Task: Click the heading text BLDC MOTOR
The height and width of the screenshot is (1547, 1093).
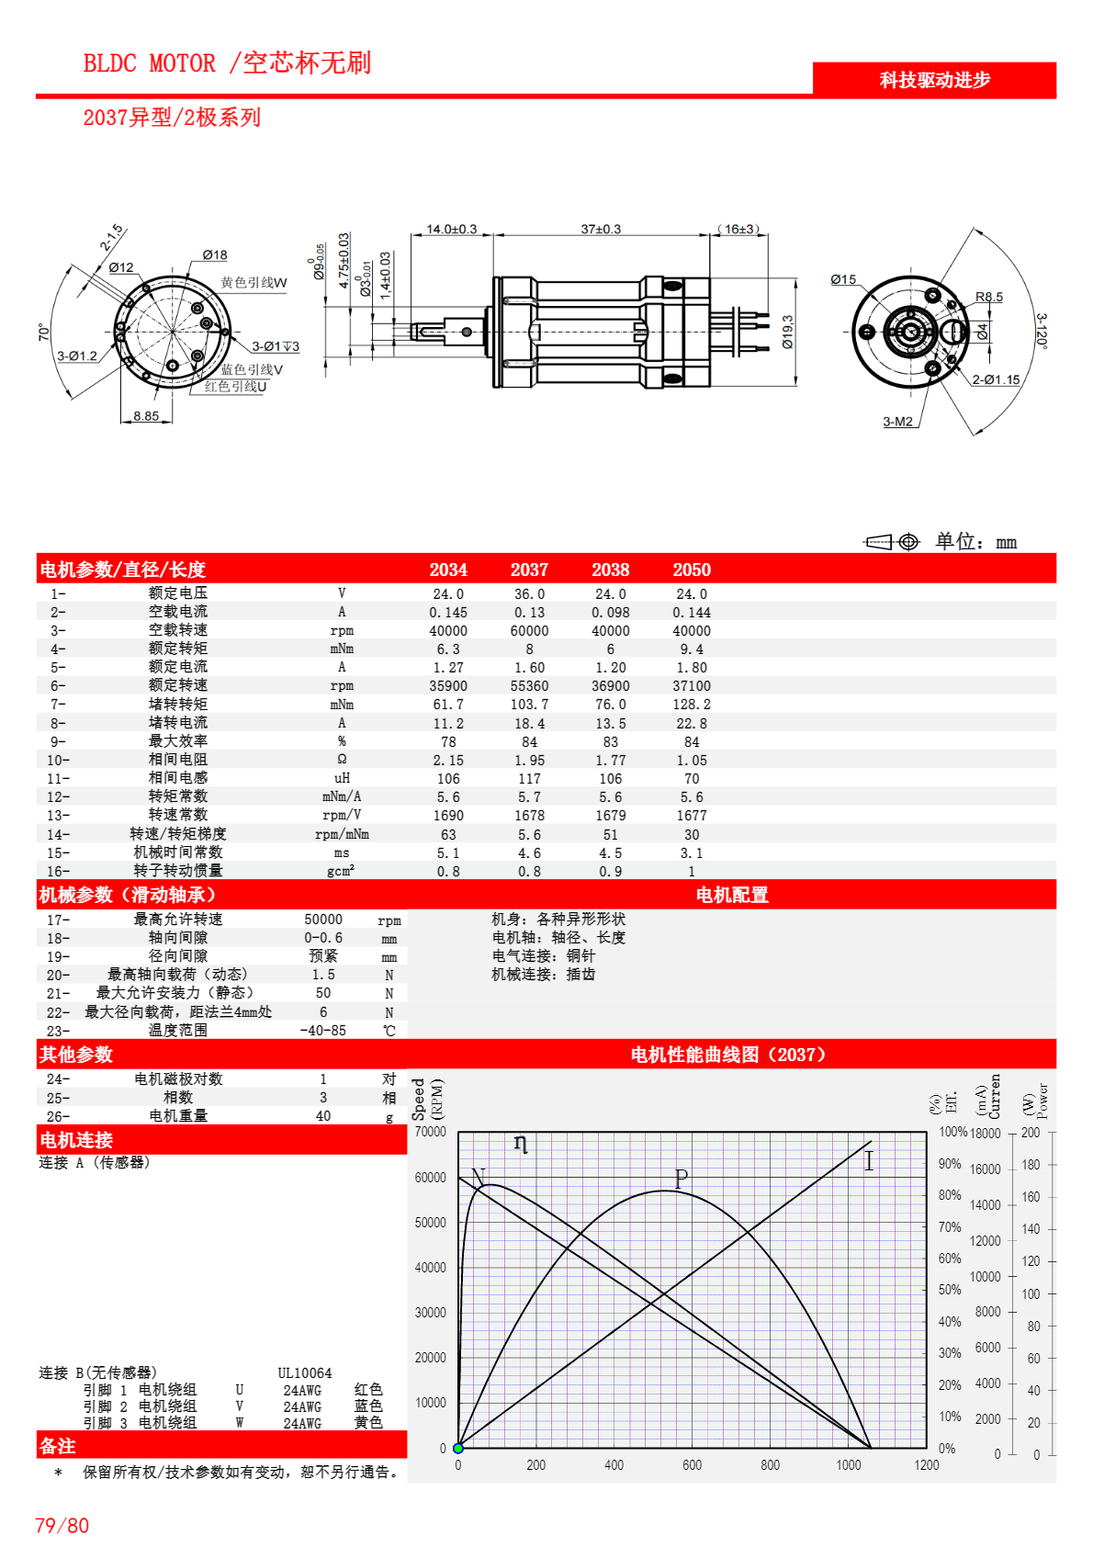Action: coord(149,63)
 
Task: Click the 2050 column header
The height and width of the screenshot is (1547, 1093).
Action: coord(691,570)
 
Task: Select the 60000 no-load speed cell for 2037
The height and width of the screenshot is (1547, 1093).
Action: coord(529,631)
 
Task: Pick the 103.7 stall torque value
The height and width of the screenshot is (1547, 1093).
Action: coord(529,705)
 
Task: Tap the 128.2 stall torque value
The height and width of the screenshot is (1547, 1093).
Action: coord(691,705)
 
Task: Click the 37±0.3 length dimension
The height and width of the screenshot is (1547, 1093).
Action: coord(601,229)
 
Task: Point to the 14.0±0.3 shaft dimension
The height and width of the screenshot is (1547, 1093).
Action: coord(451,229)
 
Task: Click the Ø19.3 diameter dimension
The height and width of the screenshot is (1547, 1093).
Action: coord(788,332)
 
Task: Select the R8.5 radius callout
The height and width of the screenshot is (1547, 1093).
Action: coord(988,297)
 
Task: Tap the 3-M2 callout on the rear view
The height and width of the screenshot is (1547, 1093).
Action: coord(897,422)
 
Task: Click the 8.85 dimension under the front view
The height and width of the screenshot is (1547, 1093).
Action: coord(145,416)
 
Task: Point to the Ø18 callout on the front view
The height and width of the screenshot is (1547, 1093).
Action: coord(215,255)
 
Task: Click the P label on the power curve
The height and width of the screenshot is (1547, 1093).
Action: coord(681,1178)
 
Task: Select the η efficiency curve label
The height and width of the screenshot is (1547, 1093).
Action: coord(521,1144)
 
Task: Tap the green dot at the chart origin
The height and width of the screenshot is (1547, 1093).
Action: coord(458,1448)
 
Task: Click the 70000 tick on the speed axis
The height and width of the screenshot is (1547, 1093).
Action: coord(430,1132)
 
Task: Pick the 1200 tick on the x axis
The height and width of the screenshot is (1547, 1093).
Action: coord(926,1465)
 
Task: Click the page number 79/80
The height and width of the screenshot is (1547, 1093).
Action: coord(62,1526)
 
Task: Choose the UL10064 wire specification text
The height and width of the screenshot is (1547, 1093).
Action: coord(304,1373)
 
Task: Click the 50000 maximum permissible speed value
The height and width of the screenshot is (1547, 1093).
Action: coord(323,920)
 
